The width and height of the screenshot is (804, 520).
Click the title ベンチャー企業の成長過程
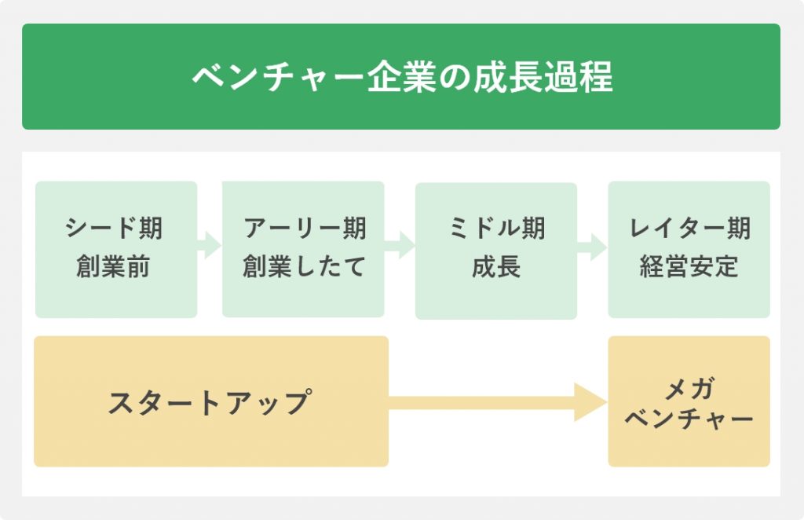pos(403,77)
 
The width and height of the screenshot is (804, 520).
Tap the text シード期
pos(114,229)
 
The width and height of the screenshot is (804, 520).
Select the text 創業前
pos(113,266)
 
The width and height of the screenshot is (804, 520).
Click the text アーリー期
pos(305,229)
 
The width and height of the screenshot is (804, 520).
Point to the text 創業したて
pos(304,266)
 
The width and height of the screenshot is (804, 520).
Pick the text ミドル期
pos(496,229)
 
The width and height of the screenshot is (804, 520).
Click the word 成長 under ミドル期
pos(496,266)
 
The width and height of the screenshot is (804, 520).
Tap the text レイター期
pos(689,229)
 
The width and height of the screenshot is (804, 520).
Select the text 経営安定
pos(689,266)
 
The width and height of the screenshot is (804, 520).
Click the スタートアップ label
pos(210,401)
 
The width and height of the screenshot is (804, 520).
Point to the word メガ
pos(689,388)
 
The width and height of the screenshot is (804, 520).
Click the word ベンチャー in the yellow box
pos(689,419)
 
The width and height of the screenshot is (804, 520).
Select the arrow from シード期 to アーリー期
pos(209,245)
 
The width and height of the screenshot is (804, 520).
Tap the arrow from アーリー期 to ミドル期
pos(400,245)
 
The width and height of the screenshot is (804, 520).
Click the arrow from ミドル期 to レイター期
pos(592,247)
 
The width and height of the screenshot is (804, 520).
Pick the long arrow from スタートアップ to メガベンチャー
pos(498,402)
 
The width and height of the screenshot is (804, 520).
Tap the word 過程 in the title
pos(579,77)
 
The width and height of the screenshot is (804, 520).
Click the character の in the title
pos(455,78)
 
